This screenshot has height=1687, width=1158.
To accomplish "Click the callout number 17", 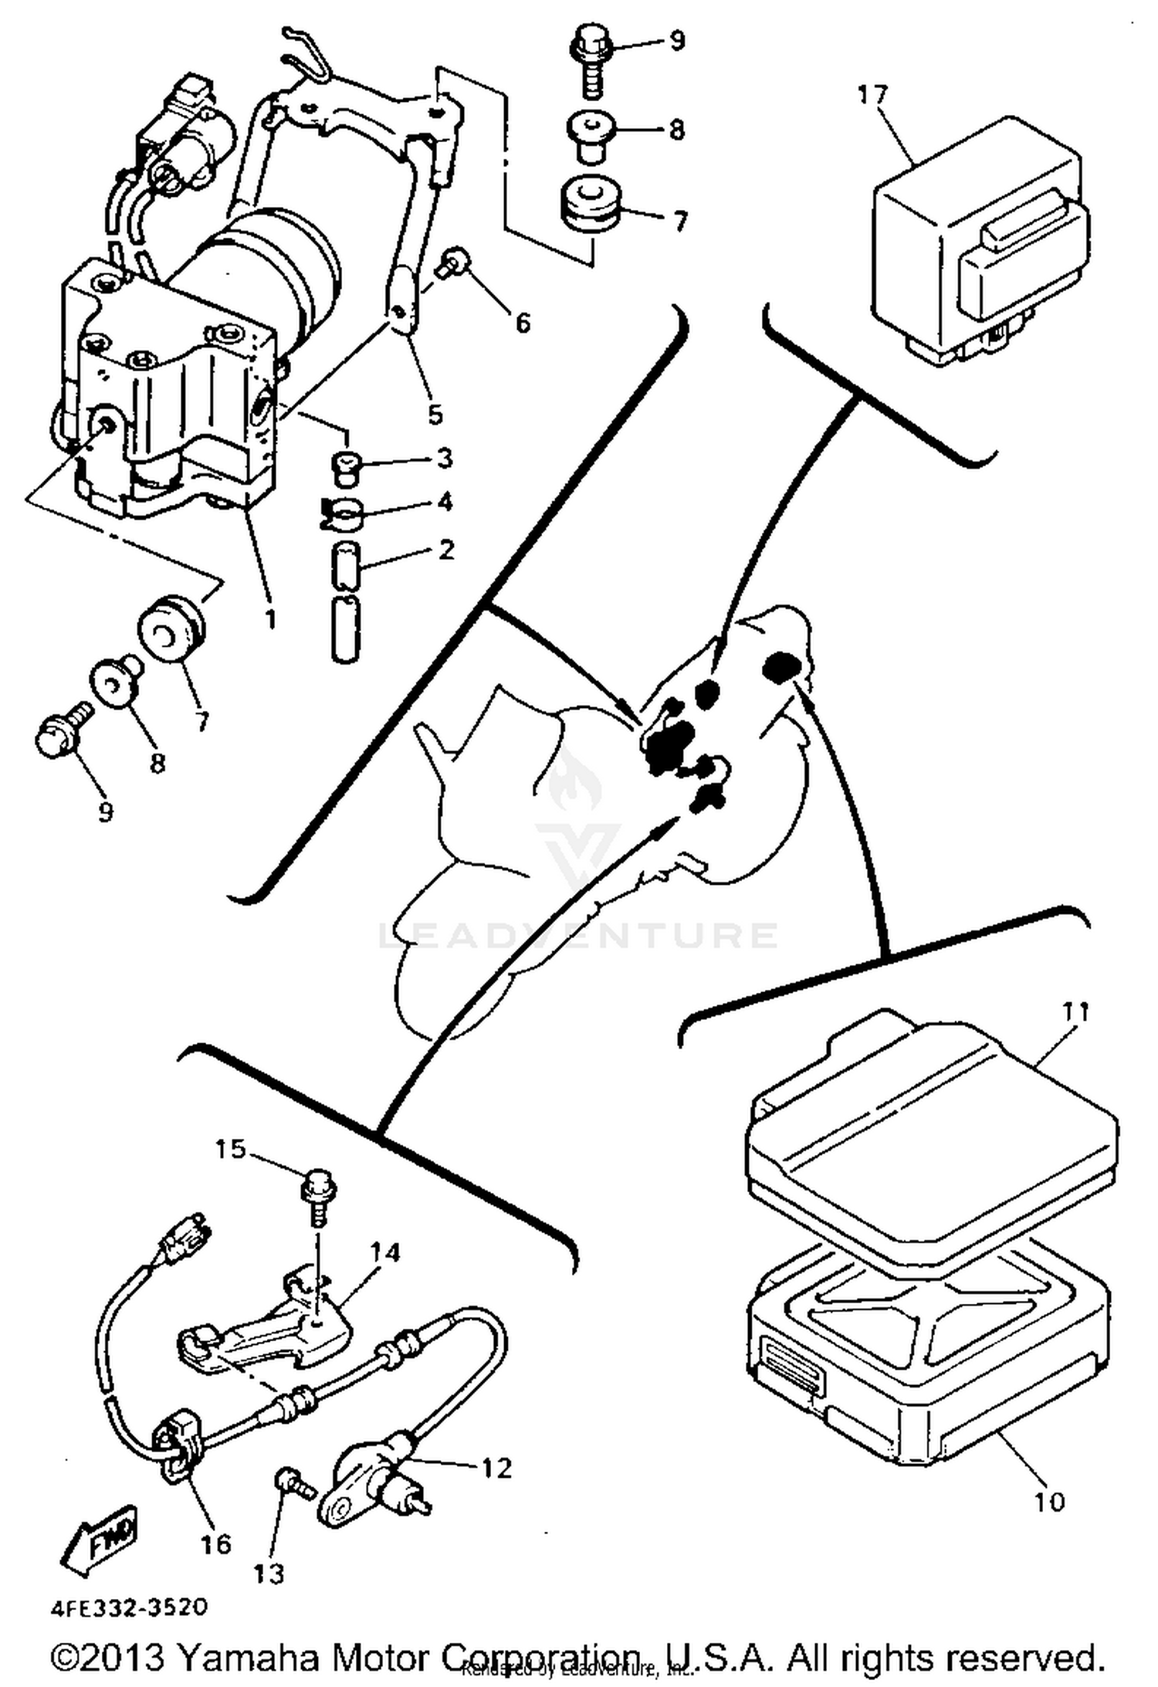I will (872, 94).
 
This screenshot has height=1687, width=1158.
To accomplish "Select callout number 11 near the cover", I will (1075, 1011).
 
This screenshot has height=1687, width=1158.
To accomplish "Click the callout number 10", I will (1049, 1502).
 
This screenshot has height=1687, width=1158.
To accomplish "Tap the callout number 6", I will (523, 322).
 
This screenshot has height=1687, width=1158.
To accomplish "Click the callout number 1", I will (269, 618).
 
